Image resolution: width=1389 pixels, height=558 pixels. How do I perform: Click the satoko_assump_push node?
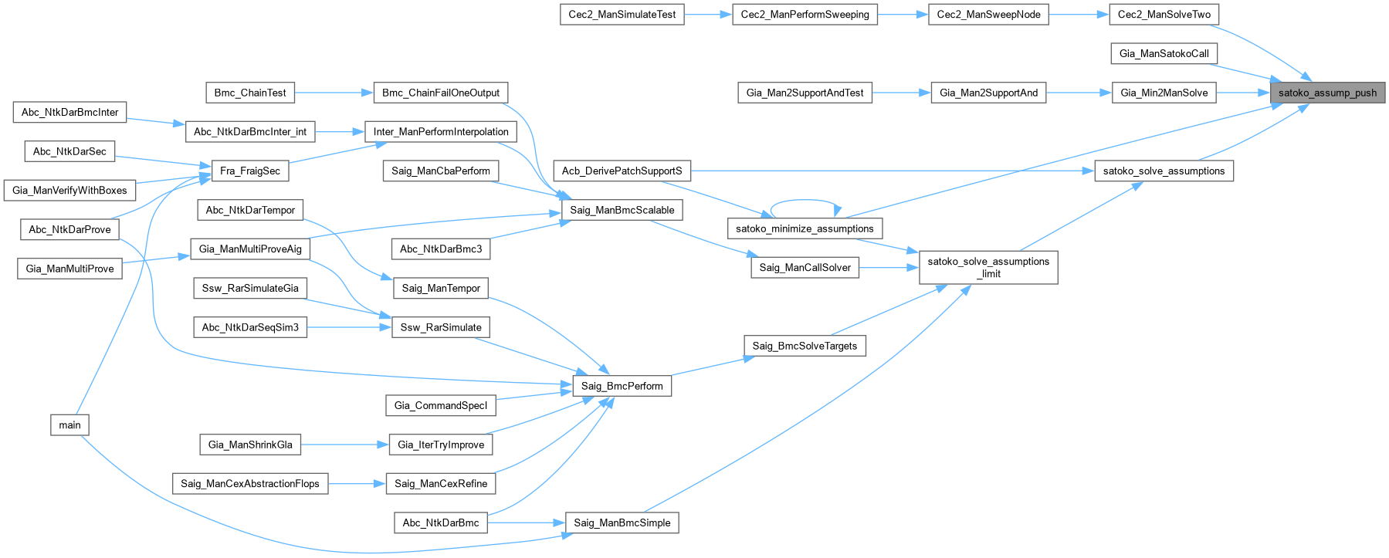(1327, 93)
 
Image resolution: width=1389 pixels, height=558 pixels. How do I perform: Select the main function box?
(69, 424)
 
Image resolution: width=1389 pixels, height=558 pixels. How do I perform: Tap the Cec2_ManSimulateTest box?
(622, 15)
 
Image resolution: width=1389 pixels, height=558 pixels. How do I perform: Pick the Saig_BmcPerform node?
(622, 386)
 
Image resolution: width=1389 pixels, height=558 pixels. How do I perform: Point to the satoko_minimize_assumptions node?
(805, 228)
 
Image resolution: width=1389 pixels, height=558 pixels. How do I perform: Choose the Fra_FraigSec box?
(250, 171)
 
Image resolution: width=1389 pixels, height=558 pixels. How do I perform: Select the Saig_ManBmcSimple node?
(622, 522)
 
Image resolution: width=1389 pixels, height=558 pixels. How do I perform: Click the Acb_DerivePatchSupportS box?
(622, 171)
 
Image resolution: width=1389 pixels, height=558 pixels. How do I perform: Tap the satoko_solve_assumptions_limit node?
(988, 267)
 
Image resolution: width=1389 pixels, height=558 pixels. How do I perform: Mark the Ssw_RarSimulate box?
(441, 327)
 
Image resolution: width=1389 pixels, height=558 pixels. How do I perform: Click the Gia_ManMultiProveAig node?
(250, 249)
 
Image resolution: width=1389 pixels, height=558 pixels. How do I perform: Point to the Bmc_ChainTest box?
(250, 93)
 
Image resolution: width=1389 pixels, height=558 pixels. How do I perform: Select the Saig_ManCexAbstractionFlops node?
(250, 483)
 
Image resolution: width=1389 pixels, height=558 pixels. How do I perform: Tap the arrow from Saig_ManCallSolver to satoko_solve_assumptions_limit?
(889, 268)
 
